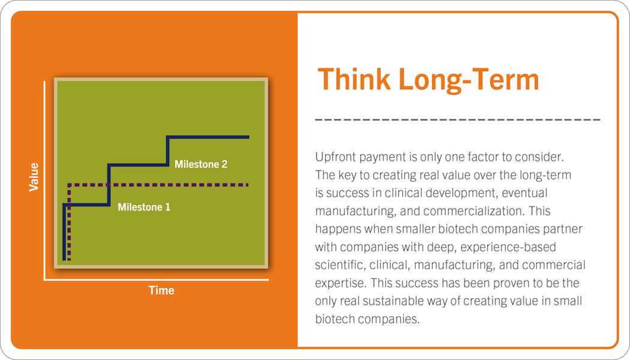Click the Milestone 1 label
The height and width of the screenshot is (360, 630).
point(144,208)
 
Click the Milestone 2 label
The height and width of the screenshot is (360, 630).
point(201,164)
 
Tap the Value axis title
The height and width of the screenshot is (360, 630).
point(34,177)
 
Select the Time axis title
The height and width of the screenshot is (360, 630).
point(161,290)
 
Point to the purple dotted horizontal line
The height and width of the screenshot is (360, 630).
point(158,185)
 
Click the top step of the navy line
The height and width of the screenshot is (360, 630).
point(208,137)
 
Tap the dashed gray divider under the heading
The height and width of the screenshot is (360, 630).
point(458,120)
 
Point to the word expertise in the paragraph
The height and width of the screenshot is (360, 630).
point(340,283)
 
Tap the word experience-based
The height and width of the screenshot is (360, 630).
point(508,247)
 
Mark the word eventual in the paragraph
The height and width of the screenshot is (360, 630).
point(524,193)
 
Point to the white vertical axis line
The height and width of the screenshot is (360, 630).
point(44,181)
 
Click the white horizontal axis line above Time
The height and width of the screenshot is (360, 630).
point(156,280)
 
